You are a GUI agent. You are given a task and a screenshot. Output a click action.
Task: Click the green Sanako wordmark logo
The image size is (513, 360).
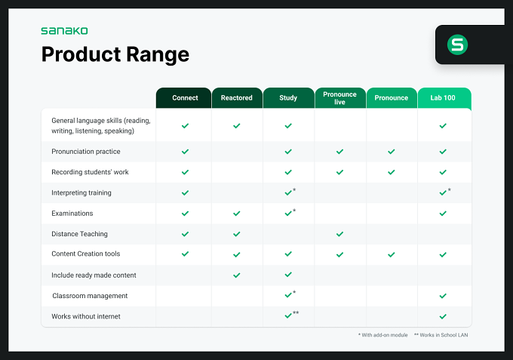(x=64, y=31)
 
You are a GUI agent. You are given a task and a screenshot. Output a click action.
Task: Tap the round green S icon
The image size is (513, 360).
(x=457, y=45)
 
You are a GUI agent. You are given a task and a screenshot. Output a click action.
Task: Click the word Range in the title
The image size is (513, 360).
(x=158, y=54)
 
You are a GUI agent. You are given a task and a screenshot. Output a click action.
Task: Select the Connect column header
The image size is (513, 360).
(x=185, y=98)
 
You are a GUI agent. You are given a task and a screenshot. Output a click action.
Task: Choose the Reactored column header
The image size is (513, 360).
(x=237, y=98)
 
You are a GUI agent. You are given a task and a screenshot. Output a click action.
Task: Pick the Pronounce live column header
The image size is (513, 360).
(x=339, y=98)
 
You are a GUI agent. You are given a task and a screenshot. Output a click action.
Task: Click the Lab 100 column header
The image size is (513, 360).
(x=443, y=98)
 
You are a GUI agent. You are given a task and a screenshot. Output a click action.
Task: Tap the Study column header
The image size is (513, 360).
(x=288, y=98)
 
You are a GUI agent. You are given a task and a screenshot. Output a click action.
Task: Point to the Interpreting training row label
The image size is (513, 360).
(x=81, y=192)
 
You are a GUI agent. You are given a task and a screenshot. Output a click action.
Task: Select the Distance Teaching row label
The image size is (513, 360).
(x=79, y=234)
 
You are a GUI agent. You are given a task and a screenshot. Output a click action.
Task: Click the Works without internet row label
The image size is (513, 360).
(x=86, y=316)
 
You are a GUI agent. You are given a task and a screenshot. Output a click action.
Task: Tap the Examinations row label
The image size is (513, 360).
(x=72, y=214)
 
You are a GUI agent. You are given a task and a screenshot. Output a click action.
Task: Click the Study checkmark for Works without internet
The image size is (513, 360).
(x=288, y=315)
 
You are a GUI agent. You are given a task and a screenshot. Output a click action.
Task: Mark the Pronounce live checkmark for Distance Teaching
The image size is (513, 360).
(x=340, y=234)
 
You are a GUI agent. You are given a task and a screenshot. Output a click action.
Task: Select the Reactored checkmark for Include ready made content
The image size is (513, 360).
(x=237, y=275)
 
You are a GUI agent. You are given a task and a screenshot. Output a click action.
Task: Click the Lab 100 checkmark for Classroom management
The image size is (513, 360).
(x=443, y=296)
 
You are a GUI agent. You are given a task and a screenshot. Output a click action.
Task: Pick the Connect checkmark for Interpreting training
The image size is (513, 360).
(x=185, y=192)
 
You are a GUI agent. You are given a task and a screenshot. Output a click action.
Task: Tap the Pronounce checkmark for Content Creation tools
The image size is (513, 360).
(x=392, y=254)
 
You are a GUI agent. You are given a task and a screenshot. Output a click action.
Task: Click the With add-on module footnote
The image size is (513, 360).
(x=382, y=335)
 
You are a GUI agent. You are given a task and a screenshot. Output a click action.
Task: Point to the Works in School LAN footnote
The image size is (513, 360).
(x=441, y=335)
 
